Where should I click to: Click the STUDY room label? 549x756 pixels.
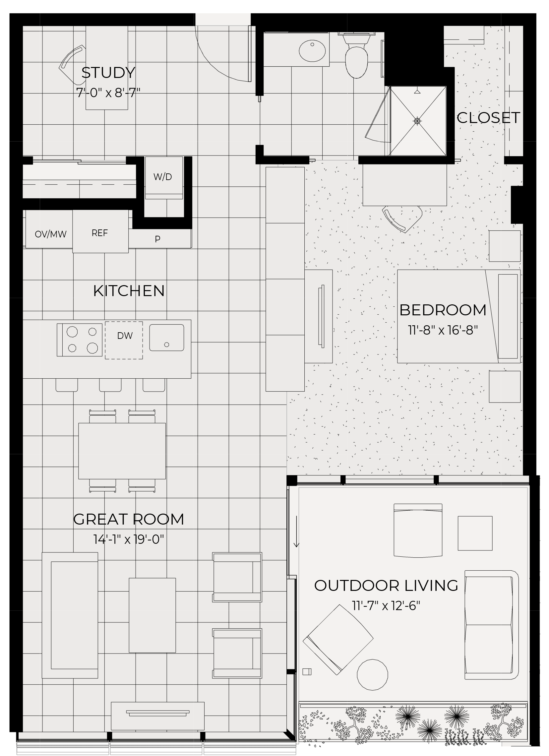coord(108,73)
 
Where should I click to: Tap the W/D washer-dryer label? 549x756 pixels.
coord(163,177)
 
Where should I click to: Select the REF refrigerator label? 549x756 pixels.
coord(100,233)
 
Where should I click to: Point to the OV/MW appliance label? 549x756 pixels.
coord(51,234)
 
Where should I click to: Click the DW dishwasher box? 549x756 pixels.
coord(124,340)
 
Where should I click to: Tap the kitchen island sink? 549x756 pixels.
coord(167,338)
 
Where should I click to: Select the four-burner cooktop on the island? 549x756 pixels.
coord(80,340)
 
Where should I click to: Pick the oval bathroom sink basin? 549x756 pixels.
coord(312,51)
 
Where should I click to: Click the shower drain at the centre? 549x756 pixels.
coord(417,121)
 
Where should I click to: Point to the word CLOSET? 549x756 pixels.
coord(488,118)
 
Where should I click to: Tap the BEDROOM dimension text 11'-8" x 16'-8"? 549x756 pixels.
coord(443,330)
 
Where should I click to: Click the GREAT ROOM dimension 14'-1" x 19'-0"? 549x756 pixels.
coord(129,539)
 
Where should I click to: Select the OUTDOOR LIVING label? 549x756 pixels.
coord(386,586)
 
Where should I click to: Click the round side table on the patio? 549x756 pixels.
coord(372,675)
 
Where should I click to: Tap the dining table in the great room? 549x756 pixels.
coord(122,451)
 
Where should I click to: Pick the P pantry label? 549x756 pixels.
coord(158,239)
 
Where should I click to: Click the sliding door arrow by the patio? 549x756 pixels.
coord(296,532)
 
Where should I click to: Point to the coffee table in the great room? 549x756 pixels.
coord(152,615)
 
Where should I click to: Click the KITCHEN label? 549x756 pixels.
coord(129,291)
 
